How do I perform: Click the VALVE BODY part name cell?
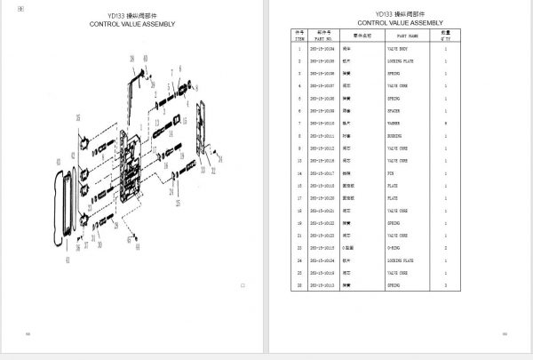click(x=398, y=48)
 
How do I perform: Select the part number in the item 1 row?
click(x=323, y=48)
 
